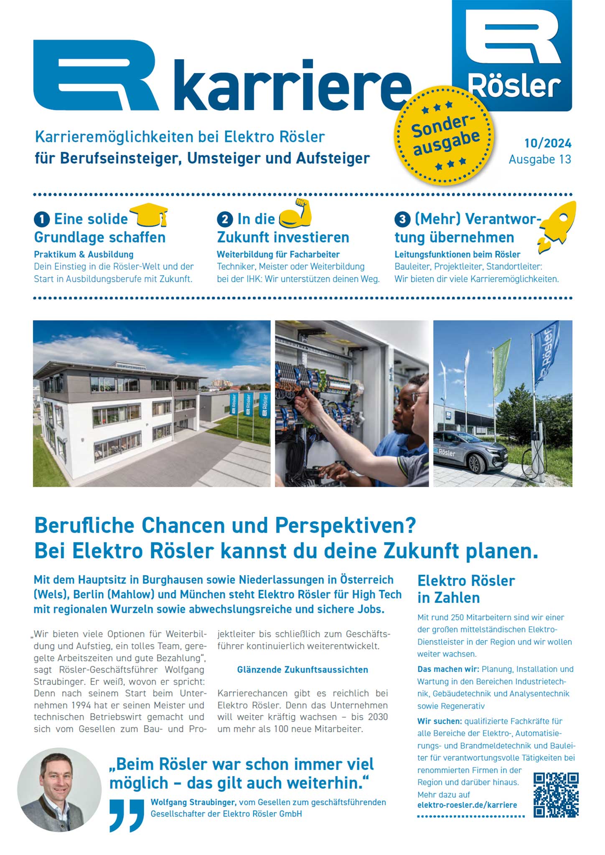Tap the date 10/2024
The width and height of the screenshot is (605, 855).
point(548,143)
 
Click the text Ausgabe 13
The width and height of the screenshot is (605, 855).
point(539,159)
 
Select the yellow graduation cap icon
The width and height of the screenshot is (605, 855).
point(150,215)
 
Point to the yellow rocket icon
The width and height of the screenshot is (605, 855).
point(557,225)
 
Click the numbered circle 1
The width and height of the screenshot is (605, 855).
point(42,219)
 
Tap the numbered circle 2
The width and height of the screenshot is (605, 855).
point(225,219)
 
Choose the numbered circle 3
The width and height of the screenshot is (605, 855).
point(402,219)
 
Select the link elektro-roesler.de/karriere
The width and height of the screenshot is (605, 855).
point(467,805)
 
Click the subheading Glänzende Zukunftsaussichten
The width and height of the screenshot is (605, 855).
point(302,670)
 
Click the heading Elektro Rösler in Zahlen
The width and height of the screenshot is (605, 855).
point(466,589)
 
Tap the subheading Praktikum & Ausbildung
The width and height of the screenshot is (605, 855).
point(84,254)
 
